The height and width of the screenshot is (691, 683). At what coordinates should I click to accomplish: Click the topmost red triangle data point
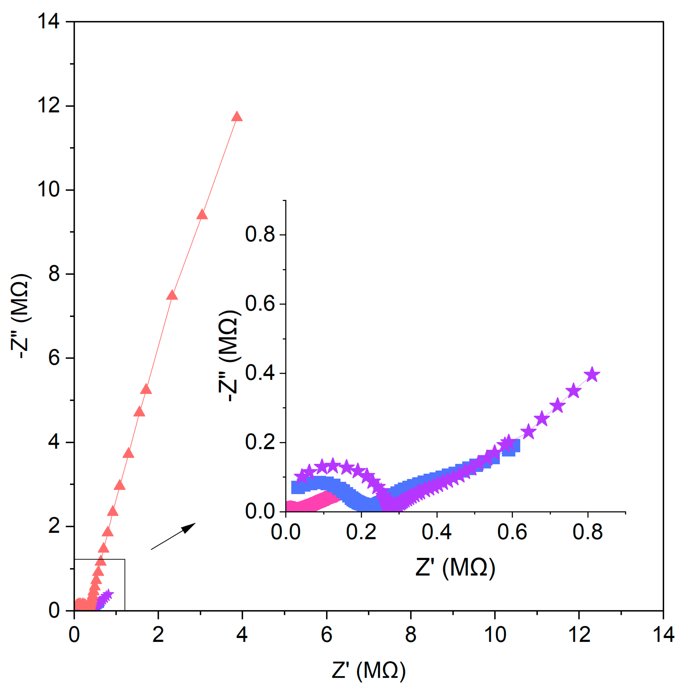[x=237, y=117]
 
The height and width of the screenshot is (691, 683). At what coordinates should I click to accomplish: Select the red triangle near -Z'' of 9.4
[x=203, y=215]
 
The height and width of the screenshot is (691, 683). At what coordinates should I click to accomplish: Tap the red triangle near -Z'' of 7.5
[x=172, y=295]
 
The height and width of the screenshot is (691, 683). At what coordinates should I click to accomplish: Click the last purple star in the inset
[x=592, y=375]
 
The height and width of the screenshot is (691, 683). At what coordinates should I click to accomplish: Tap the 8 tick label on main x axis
[x=410, y=634]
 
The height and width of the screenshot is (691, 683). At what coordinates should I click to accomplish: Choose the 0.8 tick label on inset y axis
[x=260, y=235]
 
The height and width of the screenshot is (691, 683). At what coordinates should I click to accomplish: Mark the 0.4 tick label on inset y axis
[x=260, y=373]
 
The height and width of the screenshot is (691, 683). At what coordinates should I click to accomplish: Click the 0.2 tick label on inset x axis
[x=361, y=532]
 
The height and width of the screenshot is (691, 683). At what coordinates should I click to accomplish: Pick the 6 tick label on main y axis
[x=54, y=358]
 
